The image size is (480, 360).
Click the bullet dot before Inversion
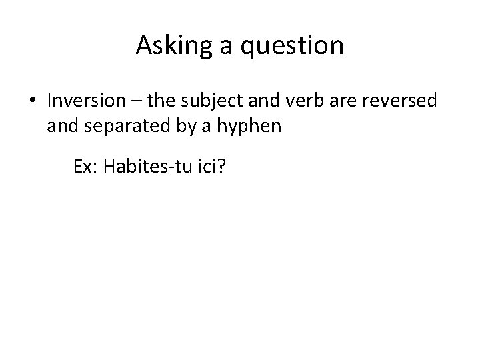point(34,101)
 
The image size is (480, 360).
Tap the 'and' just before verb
point(262,101)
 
